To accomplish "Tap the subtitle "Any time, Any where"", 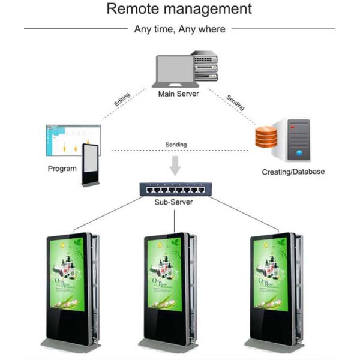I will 179,29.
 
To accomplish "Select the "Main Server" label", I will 179,94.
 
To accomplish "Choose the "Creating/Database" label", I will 293,172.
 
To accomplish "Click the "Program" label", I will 62,169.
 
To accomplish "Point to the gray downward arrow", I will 175,165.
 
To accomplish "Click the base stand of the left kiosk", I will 69,346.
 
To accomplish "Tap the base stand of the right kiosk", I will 271,346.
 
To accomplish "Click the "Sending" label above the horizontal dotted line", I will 176,145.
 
